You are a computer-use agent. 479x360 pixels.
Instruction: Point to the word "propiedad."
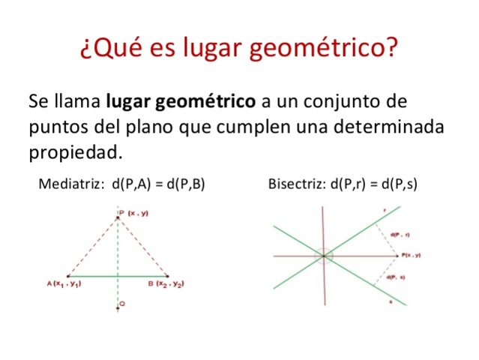(75, 151)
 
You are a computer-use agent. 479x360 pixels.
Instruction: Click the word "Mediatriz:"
(70, 183)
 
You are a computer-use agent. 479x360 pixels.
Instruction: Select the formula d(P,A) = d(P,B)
(158, 183)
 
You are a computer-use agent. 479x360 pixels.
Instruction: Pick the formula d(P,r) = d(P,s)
(373, 183)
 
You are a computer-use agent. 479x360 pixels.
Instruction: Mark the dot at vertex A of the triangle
(67, 276)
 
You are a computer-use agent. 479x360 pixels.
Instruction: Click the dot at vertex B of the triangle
(168, 276)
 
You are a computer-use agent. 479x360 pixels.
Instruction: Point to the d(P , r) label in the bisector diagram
(400, 235)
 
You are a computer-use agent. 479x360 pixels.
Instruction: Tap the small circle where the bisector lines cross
(325, 256)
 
